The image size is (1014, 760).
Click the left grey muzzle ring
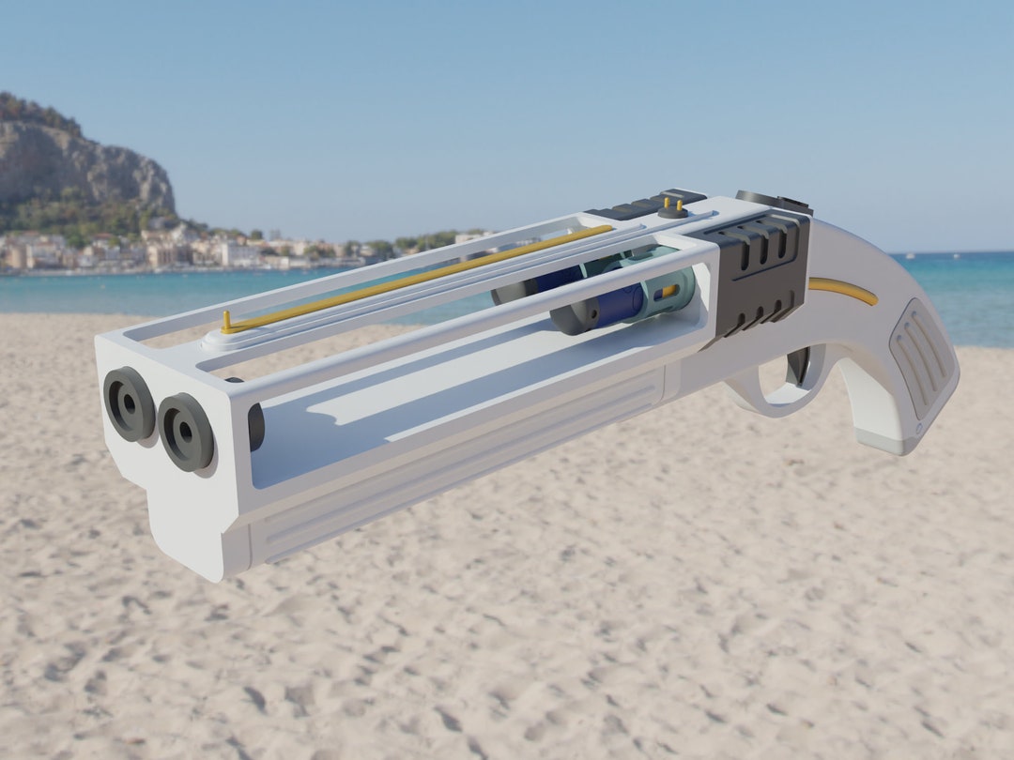(x=129, y=403)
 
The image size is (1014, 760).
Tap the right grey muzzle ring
(x=186, y=432)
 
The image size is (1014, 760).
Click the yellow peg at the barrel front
(x=225, y=321)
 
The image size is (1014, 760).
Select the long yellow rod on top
(x=422, y=276)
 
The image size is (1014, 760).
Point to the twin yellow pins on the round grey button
(x=672, y=205)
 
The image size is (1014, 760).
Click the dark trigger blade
(x=799, y=366)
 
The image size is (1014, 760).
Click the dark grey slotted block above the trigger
(x=760, y=272)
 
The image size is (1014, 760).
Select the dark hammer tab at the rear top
(x=775, y=200)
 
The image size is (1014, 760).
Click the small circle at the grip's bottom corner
(x=917, y=433)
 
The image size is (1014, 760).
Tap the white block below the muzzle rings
(x=188, y=525)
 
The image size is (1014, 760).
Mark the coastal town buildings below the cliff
(x=141, y=251)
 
